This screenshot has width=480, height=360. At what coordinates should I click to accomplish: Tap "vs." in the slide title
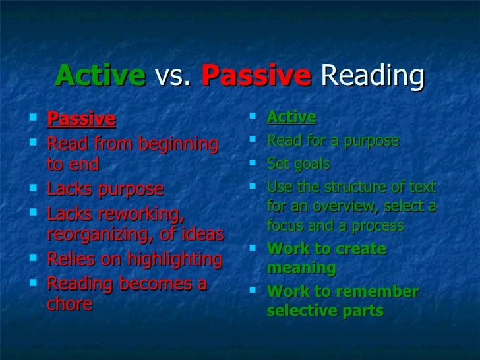[174, 76]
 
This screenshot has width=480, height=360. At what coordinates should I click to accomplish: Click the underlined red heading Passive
[81, 119]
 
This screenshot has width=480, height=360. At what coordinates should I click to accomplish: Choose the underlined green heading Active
[291, 117]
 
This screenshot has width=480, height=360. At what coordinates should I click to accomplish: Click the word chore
[69, 305]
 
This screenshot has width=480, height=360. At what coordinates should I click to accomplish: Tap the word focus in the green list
[284, 225]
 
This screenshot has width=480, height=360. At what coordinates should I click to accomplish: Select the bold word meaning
[301, 268]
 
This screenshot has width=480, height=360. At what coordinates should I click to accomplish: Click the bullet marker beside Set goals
[254, 164]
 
